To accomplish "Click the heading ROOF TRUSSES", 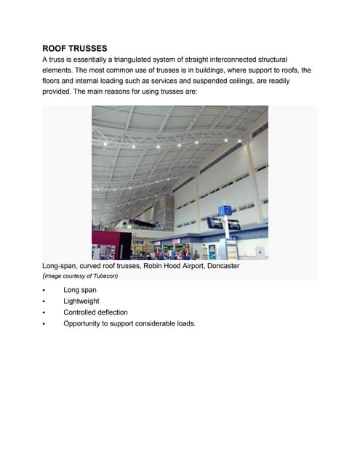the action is (75, 48).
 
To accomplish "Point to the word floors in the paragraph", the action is (52, 81).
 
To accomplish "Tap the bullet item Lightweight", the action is (81, 301).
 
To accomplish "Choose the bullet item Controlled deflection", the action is (95, 312).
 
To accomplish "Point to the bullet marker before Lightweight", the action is (44, 302).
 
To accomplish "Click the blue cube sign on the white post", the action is (225, 211).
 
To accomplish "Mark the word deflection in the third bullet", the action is (112, 312).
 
